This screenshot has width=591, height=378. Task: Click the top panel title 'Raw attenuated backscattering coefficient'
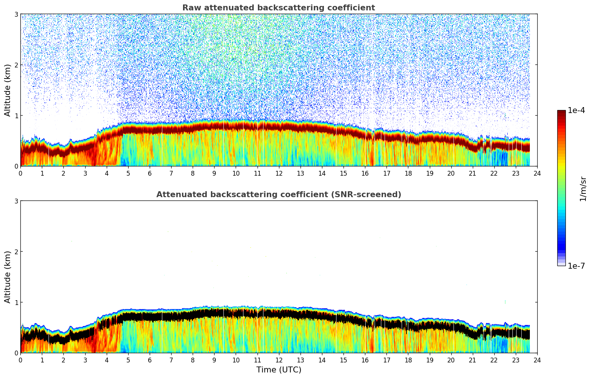(278, 8)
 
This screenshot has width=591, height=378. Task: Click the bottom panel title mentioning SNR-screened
(278, 195)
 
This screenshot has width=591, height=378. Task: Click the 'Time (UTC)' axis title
(279, 370)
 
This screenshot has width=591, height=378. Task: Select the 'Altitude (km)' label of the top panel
(8, 90)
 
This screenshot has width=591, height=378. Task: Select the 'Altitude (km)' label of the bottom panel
(8, 277)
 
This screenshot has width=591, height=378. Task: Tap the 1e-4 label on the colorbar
(576, 110)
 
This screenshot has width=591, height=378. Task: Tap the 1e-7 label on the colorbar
(576, 266)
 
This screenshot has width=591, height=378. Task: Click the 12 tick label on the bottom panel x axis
(279, 360)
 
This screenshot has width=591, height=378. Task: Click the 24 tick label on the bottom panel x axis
(537, 360)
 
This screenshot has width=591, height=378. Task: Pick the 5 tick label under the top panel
(128, 173)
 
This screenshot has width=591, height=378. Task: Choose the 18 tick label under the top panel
(408, 173)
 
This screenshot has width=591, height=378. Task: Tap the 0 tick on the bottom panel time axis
(20, 360)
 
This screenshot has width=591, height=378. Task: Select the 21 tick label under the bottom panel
(472, 360)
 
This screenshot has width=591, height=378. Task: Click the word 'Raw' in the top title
(190, 8)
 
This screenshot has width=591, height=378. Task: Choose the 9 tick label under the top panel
(214, 173)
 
